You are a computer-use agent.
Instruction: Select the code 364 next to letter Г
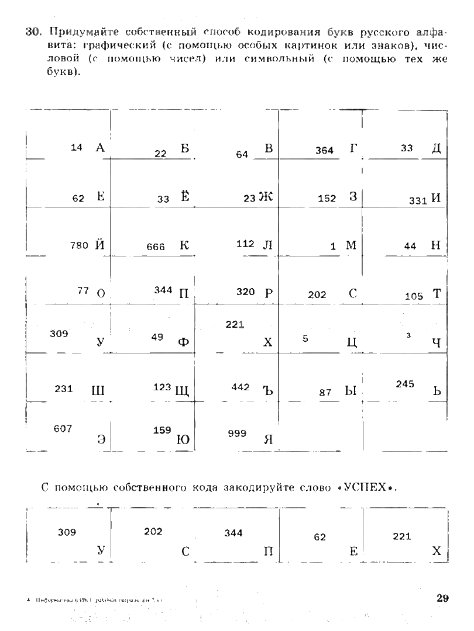pyautogui.click(x=324, y=150)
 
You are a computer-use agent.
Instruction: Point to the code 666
pyautogui.click(x=156, y=247)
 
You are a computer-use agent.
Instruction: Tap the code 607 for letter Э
pyautogui.click(x=63, y=429)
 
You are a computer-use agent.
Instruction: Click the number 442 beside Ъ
pyautogui.click(x=240, y=387)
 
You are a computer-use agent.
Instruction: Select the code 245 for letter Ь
pyautogui.click(x=405, y=384)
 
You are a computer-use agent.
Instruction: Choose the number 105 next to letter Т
pyautogui.click(x=414, y=296)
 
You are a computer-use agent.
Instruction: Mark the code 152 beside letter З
pyautogui.click(x=327, y=199)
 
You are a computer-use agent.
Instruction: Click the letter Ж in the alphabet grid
pyautogui.click(x=266, y=197)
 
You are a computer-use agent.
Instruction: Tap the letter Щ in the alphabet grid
pyautogui.click(x=182, y=391)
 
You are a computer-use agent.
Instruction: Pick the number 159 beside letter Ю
pyautogui.click(x=162, y=430)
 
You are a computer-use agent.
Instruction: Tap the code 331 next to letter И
pyautogui.click(x=418, y=200)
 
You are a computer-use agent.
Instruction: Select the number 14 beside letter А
pyautogui.click(x=77, y=147)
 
